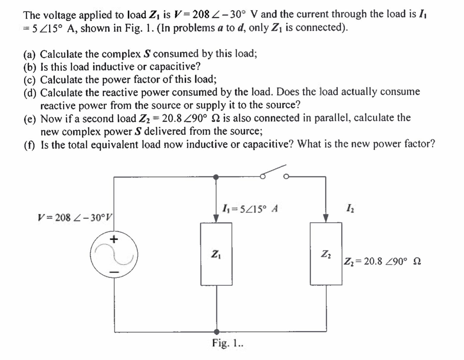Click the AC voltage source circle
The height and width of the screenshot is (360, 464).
[x=114, y=255]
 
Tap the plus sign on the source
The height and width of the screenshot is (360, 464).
[x=114, y=239]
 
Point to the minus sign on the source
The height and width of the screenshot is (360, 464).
[x=114, y=272]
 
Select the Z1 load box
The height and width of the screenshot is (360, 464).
[x=216, y=254]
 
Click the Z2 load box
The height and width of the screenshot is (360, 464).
[x=326, y=254]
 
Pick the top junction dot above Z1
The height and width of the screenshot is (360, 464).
[x=216, y=177]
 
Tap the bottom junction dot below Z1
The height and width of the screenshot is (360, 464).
[x=217, y=332]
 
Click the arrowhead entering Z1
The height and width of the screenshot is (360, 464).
[x=216, y=219]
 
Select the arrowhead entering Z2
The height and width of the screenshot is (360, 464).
[x=326, y=218]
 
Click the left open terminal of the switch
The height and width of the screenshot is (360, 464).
[x=263, y=177]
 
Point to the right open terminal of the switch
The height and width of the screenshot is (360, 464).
[x=286, y=177]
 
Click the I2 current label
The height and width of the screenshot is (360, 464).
[x=350, y=208]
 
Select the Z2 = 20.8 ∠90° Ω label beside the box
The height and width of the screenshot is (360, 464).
[x=382, y=261]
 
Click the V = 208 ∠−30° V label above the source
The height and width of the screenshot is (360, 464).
[x=76, y=217]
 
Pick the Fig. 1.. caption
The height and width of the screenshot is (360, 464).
[x=227, y=343]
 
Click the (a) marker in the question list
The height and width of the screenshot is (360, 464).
[x=29, y=54]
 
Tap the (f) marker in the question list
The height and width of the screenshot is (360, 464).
[x=29, y=145]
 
